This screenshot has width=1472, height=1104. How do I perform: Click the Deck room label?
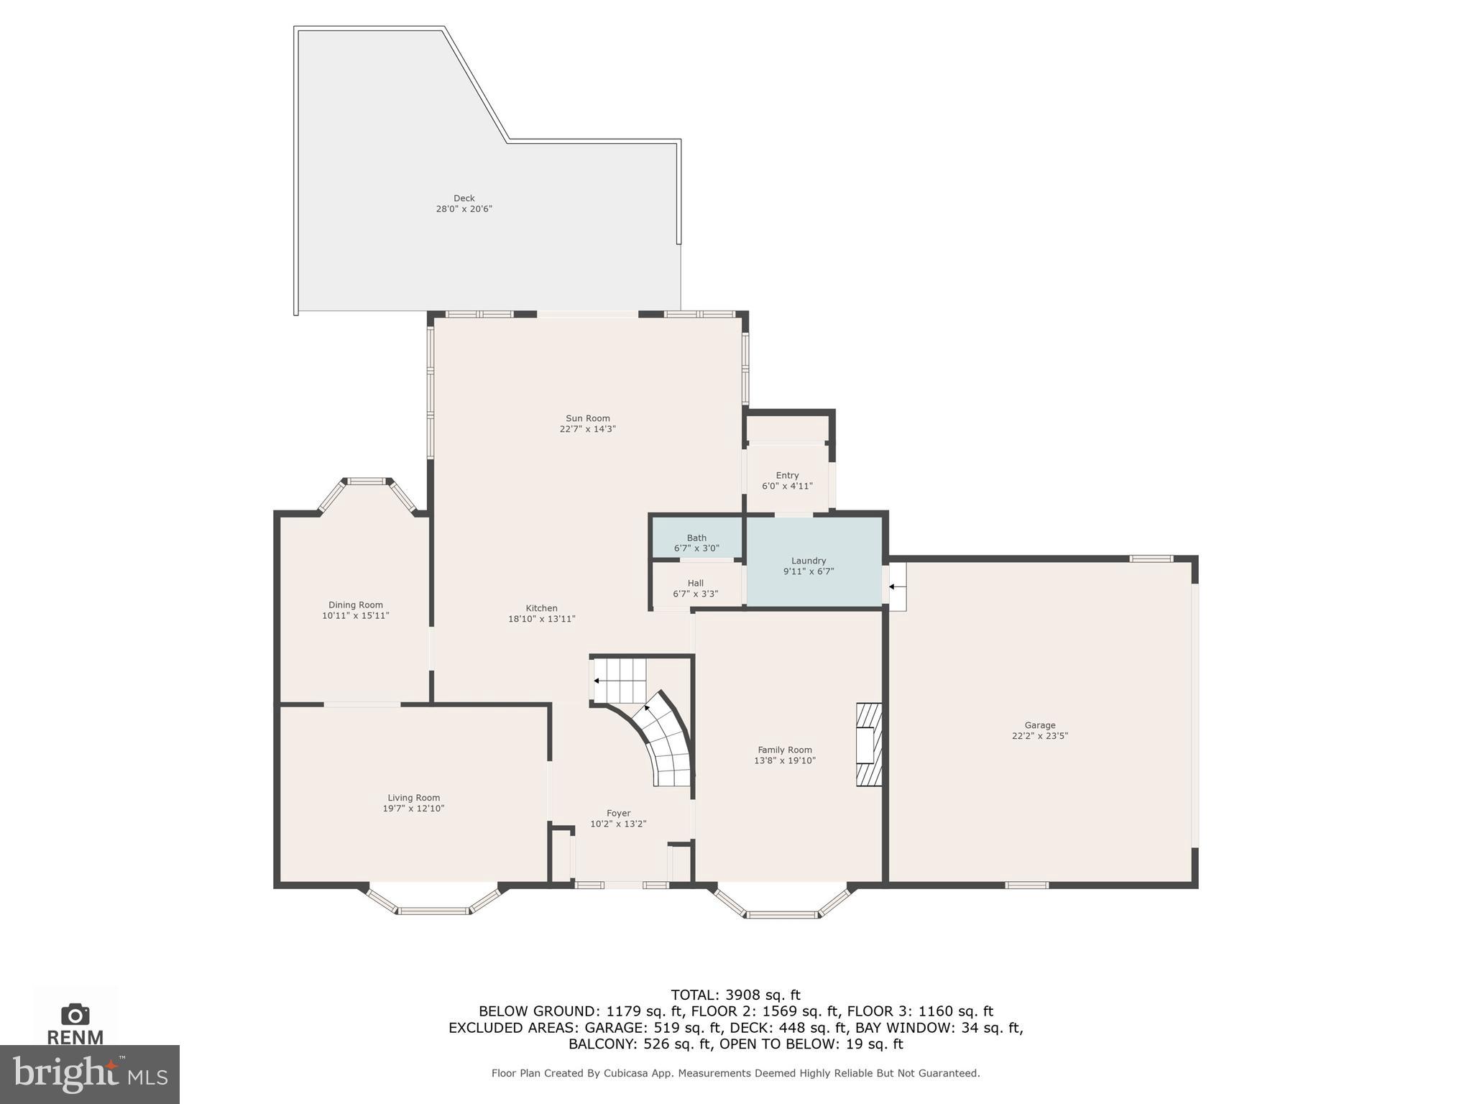click(x=464, y=198)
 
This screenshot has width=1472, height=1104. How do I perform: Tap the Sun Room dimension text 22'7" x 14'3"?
click(x=587, y=429)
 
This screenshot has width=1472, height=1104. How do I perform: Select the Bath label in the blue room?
click(x=696, y=538)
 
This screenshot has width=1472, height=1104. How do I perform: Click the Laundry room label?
click(x=808, y=561)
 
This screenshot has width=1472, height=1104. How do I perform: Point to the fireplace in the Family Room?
click(x=868, y=745)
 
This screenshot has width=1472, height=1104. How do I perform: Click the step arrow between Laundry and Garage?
click(x=893, y=586)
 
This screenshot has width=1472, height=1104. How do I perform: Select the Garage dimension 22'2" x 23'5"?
click(x=1039, y=736)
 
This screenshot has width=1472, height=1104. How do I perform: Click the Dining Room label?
click(x=355, y=604)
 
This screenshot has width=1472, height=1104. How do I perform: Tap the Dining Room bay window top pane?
click(x=367, y=481)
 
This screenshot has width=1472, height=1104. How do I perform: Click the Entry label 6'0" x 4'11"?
click(x=787, y=480)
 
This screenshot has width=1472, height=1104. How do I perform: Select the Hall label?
click(x=695, y=583)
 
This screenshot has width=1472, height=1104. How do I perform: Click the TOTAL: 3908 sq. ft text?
click(x=735, y=995)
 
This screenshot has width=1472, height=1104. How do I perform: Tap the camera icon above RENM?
click(x=75, y=1015)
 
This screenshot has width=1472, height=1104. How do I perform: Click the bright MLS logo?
click(x=89, y=1074)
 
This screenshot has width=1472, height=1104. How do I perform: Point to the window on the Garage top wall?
click(x=1151, y=558)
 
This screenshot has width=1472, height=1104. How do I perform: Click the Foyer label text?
click(x=618, y=813)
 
